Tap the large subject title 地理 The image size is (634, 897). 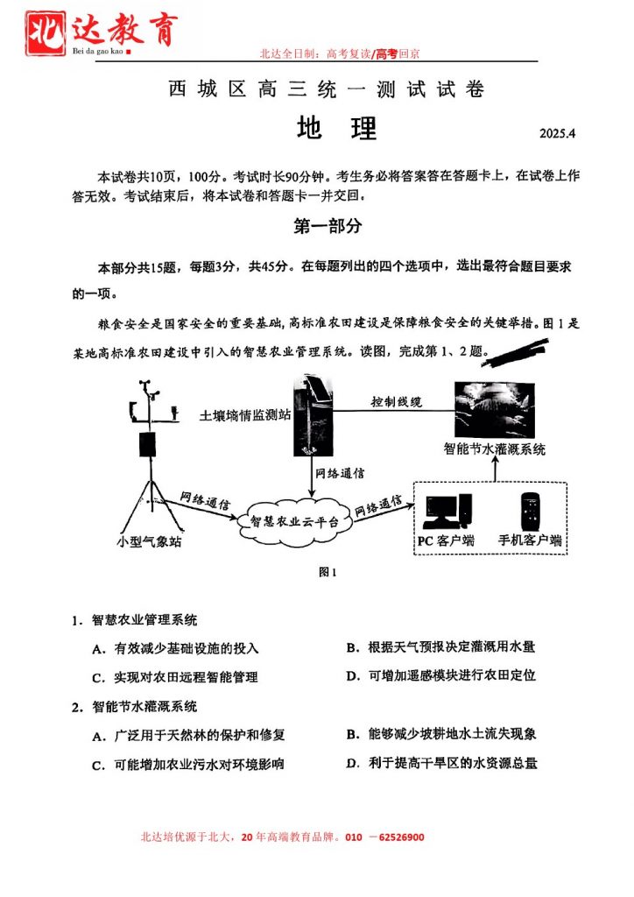[x=337, y=129]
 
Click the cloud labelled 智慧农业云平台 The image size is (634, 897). [x=288, y=519]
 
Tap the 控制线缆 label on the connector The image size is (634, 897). [x=396, y=402]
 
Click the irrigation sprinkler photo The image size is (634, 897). [x=495, y=408]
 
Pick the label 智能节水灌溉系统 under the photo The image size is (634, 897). [x=495, y=449]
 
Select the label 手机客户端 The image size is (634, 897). [x=530, y=540]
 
